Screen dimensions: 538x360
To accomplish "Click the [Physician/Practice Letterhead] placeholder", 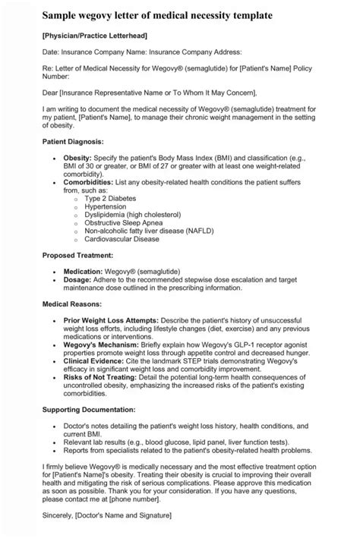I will click(x=94, y=36).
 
